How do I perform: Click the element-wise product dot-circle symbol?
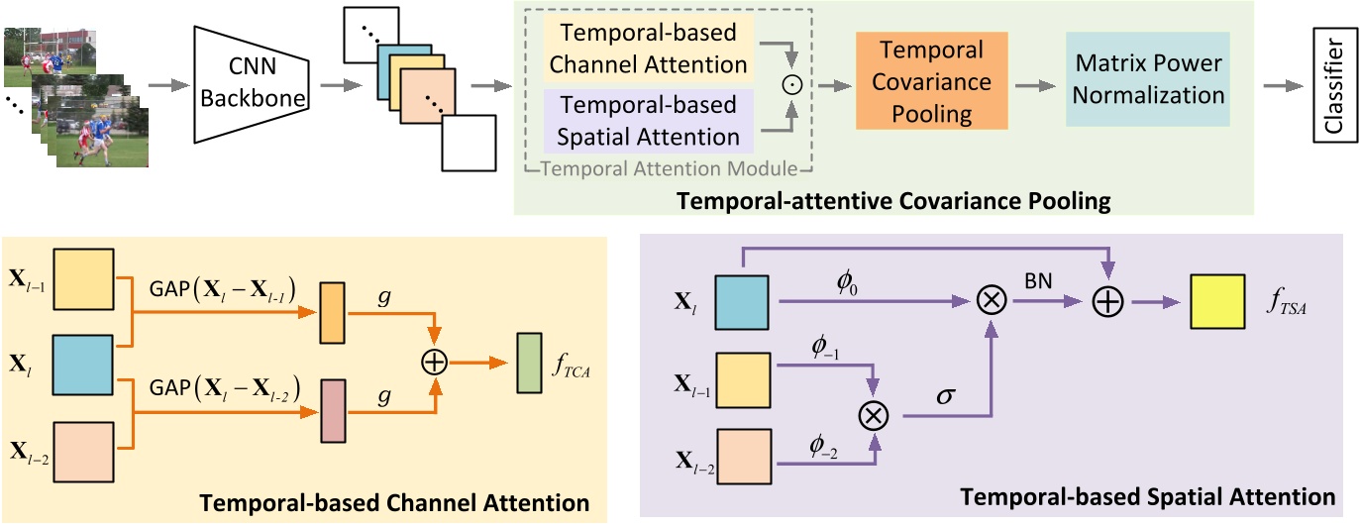(x=788, y=86)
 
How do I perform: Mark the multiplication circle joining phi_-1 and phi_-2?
(x=873, y=416)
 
